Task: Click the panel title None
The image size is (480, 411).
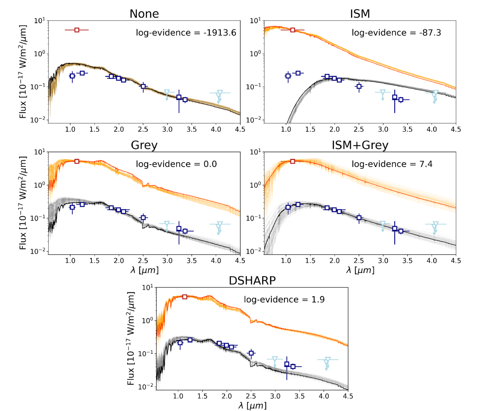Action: click(x=144, y=14)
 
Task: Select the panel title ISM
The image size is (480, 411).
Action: click(x=360, y=14)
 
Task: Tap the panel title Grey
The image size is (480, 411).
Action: click(x=144, y=145)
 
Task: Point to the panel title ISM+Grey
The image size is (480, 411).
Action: click(x=360, y=145)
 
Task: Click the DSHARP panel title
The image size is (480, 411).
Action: click(x=252, y=281)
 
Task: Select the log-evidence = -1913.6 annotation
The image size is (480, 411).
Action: click(x=186, y=33)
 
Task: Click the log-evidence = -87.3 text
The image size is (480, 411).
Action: click(x=396, y=33)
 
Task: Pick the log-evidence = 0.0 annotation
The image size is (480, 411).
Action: click(x=176, y=164)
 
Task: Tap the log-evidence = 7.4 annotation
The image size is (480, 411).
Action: click(x=392, y=164)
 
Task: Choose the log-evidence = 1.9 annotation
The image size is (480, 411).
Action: click(x=284, y=300)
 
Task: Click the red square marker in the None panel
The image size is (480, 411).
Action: click(x=77, y=30)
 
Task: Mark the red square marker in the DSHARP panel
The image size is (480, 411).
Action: click(x=184, y=297)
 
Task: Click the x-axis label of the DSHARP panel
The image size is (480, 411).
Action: click(x=252, y=405)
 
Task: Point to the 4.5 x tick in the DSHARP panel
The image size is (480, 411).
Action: click(x=348, y=396)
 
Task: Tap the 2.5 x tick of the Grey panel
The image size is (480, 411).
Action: click(x=143, y=260)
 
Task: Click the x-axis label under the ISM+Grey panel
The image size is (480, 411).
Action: click(x=360, y=270)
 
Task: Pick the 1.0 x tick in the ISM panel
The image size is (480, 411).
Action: click(x=286, y=129)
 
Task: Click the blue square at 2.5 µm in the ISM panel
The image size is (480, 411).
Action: click(x=359, y=87)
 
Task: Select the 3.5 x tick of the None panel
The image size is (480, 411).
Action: click(x=191, y=129)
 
